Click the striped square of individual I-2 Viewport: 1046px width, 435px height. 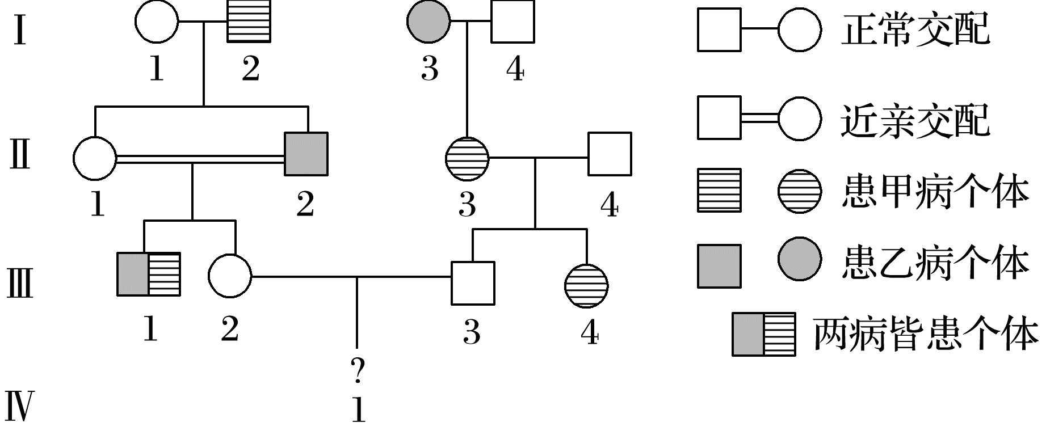tap(249, 22)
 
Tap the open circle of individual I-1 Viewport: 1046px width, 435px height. tap(157, 22)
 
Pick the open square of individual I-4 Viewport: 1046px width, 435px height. tap(513, 22)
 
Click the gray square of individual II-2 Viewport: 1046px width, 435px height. tap(306, 154)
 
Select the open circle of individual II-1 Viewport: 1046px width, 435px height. tap(95, 158)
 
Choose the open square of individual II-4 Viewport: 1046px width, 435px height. tap(610, 154)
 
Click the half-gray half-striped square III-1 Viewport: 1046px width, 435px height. tap(149, 274)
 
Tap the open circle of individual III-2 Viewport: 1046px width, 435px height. tap(230, 276)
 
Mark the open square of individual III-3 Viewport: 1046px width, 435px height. tap(472, 282)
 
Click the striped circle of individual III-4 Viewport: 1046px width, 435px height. tap(586, 285)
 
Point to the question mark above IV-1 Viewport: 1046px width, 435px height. tap(358, 371)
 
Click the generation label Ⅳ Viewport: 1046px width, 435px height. tap(18, 407)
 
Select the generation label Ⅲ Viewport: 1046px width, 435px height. tap(19, 282)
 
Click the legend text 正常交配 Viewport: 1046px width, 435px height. tap(914, 29)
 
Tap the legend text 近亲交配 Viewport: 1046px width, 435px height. tap(914, 120)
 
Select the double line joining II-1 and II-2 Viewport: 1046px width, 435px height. tap(200, 159)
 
